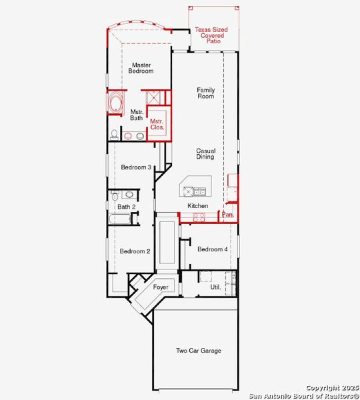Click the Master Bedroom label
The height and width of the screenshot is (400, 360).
point(141,68)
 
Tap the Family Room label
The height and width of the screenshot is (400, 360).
point(205,93)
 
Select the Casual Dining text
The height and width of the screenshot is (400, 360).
point(205,154)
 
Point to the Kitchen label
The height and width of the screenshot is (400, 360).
point(198,206)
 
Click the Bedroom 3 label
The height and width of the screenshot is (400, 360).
point(136,167)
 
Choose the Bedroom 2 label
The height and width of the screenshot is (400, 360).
point(135,251)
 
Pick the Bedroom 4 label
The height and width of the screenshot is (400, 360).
point(213,249)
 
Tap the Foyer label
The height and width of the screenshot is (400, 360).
point(161,287)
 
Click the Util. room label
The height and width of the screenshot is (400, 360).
point(215,287)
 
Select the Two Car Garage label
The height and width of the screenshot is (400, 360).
point(199,351)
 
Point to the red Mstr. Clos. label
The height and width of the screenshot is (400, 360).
point(157,124)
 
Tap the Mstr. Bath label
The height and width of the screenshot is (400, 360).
point(137,115)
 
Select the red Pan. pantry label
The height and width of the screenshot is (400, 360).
point(227,215)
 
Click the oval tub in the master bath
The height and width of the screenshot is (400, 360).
point(115,103)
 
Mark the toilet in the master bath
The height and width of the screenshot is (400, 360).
point(115,135)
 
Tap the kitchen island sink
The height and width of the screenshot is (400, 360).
point(199,192)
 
